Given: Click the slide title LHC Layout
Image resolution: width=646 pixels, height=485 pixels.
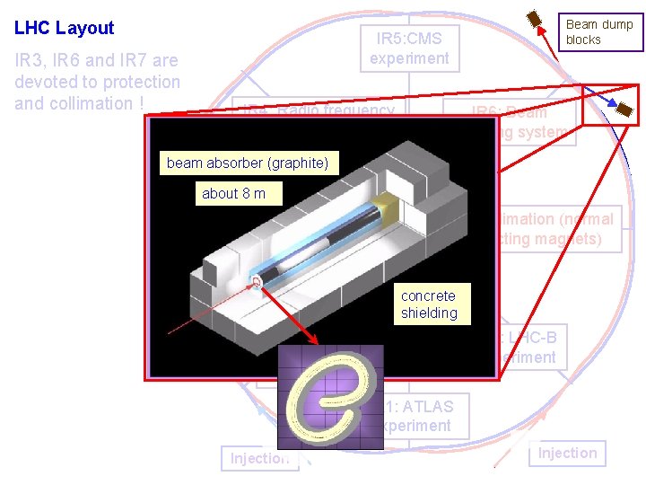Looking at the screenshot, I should click(x=65, y=28).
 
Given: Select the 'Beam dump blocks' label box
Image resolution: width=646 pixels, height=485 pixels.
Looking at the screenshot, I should click(x=599, y=31).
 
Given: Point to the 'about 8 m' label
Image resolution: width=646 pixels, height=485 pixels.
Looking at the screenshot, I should click(x=233, y=193).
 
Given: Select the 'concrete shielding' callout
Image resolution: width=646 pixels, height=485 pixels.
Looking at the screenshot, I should click(x=429, y=304).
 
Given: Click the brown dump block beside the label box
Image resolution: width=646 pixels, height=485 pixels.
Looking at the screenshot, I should click(x=536, y=19).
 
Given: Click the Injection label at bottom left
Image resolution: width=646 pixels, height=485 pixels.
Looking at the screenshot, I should click(x=259, y=458).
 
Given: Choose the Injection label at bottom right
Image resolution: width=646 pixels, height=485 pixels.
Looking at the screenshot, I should click(x=567, y=453).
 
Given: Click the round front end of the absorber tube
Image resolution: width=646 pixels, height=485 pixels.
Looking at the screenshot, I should click(x=258, y=283).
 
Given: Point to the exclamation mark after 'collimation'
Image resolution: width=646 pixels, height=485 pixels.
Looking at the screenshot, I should click(x=142, y=103).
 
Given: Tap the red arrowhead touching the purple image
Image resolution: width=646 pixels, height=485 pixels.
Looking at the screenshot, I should click(x=310, y=344).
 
